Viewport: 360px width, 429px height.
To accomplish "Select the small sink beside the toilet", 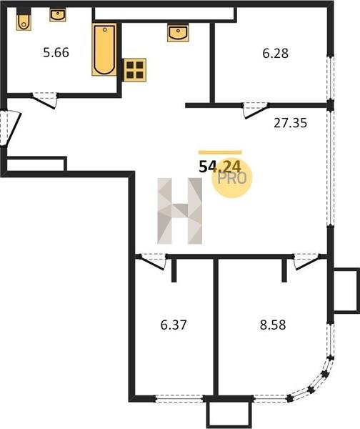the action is click(58, 15).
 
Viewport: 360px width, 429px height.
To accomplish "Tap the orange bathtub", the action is click(104, 49).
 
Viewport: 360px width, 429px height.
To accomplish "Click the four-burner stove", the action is click(135, 70).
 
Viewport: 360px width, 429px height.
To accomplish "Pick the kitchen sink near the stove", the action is click(178, 33).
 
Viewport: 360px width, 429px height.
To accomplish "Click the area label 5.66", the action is click(56, 52).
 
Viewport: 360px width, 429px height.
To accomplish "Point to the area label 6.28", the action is click(275, 54).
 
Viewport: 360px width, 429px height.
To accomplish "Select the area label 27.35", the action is click(290, 123).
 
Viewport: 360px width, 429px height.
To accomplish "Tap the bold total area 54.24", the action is click(220, 167).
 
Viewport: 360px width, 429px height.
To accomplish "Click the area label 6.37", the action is click(174, 325).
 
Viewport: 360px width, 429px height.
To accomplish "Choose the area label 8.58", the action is click(273, 325).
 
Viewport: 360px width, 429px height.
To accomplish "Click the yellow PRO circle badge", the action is click(232, 178).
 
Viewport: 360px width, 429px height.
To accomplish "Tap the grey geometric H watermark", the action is click(179, 211).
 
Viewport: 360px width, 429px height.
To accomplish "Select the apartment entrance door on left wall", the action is click(11, 127).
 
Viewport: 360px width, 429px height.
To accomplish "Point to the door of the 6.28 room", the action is click(256, 110).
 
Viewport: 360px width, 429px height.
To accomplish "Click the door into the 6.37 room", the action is click(153, 262).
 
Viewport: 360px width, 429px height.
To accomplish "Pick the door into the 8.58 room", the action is click(306, 262).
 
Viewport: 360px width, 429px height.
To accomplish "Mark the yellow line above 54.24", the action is click(220, 153).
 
